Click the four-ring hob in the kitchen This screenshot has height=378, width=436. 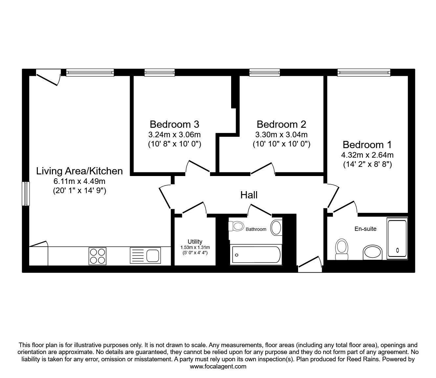coord(98,256)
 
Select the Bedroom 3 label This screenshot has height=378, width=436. coord(174,124)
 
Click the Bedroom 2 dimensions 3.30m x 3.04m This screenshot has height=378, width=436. coord(281,135)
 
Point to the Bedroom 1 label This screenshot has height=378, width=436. coord(367,145)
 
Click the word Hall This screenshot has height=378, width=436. coord(249,195)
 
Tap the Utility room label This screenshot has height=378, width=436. coord(195,242)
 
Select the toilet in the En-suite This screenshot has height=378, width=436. coord(342,249)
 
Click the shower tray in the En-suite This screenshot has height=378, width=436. coord(397,238)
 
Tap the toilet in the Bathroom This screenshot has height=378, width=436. coord(236,226)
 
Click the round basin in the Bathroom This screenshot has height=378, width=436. coord(276,227)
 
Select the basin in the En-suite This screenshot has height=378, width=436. coord(373,253)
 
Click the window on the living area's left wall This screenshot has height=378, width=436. coord(26,193)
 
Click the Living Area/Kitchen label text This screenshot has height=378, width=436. coord(79,171)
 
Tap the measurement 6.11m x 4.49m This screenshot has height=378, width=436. coord(79,181)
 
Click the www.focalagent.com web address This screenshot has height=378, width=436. coord(218,367)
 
